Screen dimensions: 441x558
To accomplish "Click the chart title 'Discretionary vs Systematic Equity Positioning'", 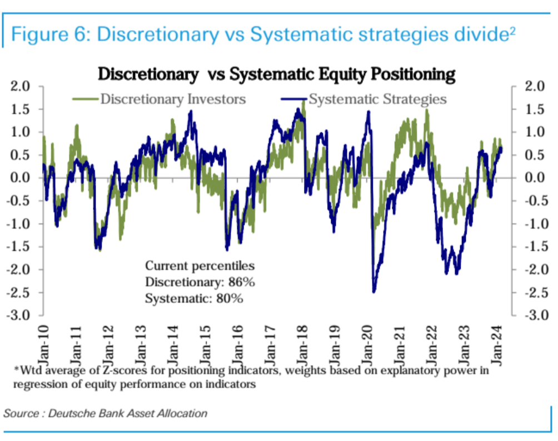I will [x=276, y=74].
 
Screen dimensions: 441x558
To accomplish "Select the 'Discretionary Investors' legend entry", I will [x=172, y=99].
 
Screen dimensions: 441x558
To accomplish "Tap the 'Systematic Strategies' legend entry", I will [x=377, y=99].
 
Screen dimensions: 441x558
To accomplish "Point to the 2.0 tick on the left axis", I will [x=22, y=87].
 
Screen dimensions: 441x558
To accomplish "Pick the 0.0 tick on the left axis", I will [x=22, y=178].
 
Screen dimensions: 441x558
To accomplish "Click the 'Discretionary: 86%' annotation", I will [x=200, y=282].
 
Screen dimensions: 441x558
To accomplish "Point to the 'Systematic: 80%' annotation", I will [x=194, y=298].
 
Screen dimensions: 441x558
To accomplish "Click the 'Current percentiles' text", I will [x=200, y=265].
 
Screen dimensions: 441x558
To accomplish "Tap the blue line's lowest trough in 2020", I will [x=374, y=291].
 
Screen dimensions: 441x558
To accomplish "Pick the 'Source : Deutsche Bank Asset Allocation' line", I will [x=105, y=413].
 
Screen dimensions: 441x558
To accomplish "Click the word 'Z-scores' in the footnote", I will [x=115, y=370].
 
